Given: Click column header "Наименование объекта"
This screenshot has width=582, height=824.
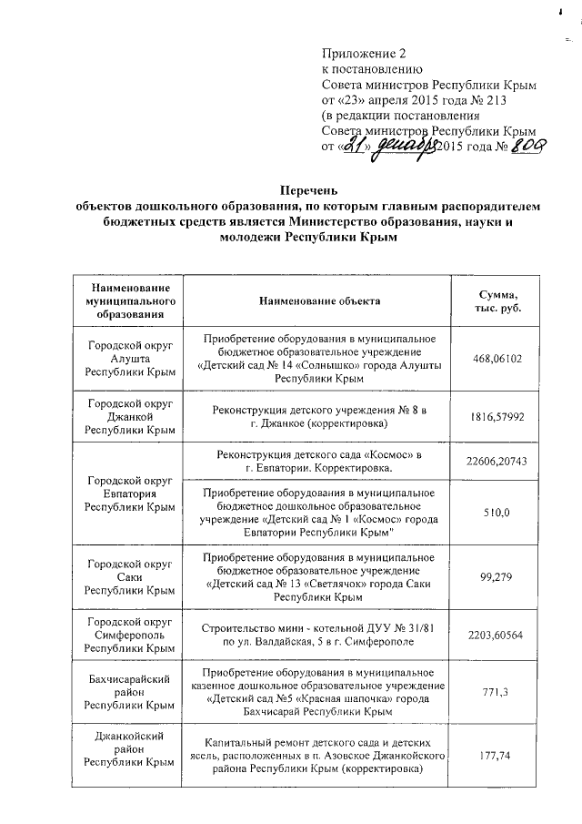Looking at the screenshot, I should coord(319,300).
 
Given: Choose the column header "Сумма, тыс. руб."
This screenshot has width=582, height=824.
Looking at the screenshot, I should coord(498,300).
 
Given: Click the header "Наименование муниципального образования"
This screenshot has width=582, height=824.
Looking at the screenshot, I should coord(125,300).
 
